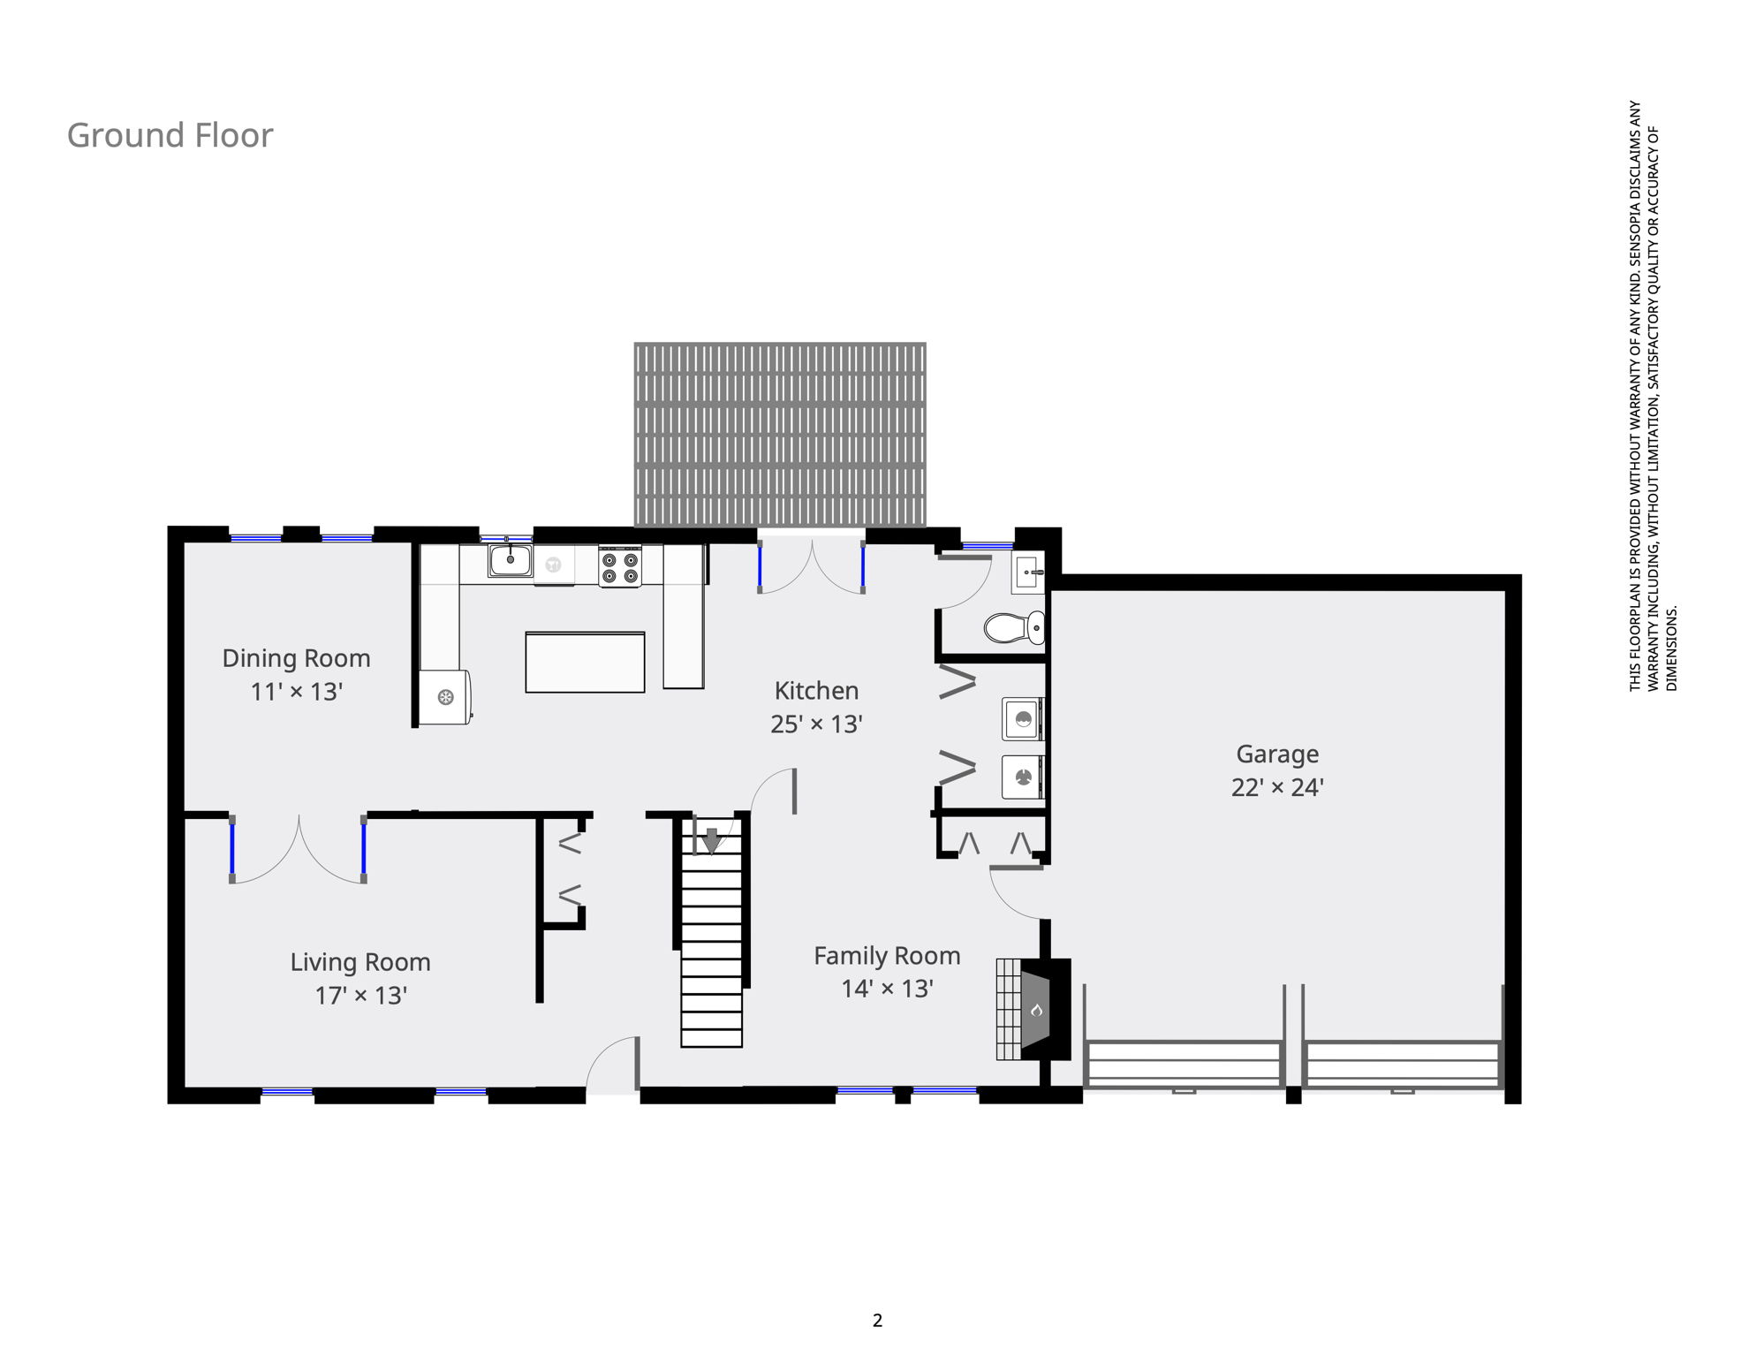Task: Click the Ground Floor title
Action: (170, 135)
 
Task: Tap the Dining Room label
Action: (296, 658)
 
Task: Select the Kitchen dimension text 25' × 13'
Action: (816, 724)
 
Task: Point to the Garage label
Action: (1277, 754)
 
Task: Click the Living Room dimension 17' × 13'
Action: (360, 996)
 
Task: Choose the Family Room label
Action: (887, 956)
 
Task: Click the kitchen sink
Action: (511, 560)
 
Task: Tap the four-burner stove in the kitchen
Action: (620, 566)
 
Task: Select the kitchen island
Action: (585, 662)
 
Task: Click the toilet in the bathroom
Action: (1014, 628)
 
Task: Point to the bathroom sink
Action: (1028, 573)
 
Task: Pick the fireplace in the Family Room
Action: (1033, 1009)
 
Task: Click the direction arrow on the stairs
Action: (712, 841)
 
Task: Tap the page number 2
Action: (877, 1320)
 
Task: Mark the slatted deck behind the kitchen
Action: (780, 435)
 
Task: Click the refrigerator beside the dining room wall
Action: (445, 697)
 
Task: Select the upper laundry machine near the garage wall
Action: (1024, 719)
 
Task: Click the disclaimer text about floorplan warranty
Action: (1653, 396)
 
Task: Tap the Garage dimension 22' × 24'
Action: (1277, 787)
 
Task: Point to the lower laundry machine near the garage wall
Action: (1024, 777)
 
